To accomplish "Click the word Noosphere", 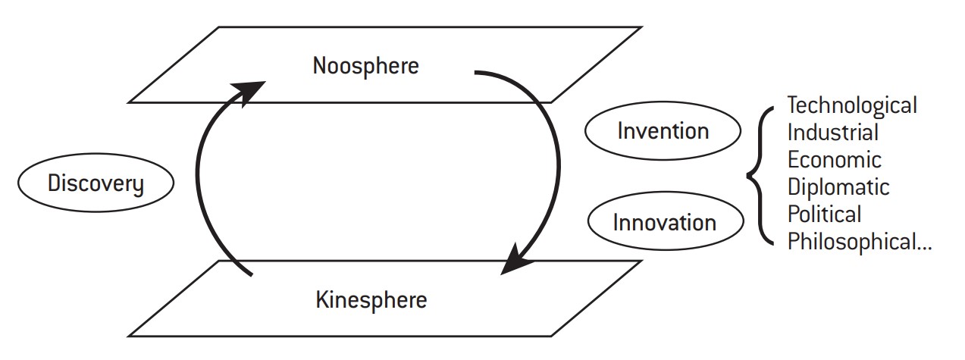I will (365, 65).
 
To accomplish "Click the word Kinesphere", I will (371, 300).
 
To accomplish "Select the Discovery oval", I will (96, 183).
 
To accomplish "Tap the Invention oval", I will (663, 130).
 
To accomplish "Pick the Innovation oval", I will (664, 222).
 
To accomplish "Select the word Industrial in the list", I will (833, 132).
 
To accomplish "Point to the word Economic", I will (835, 160).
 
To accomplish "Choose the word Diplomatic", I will (838, 187).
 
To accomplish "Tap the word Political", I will (825, 214).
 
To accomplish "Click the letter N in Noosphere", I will (319, 65).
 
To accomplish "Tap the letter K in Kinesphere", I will (321, 300).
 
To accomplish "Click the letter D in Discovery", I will (53, 183).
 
